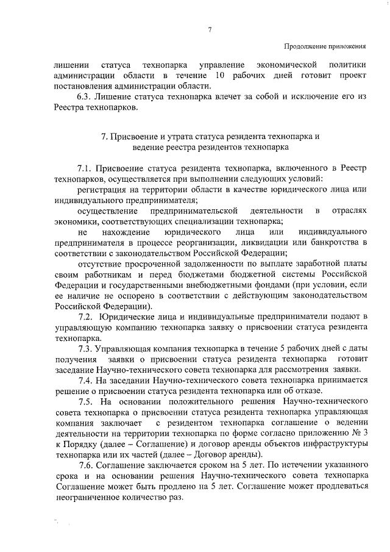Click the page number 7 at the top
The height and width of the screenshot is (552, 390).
209,30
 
